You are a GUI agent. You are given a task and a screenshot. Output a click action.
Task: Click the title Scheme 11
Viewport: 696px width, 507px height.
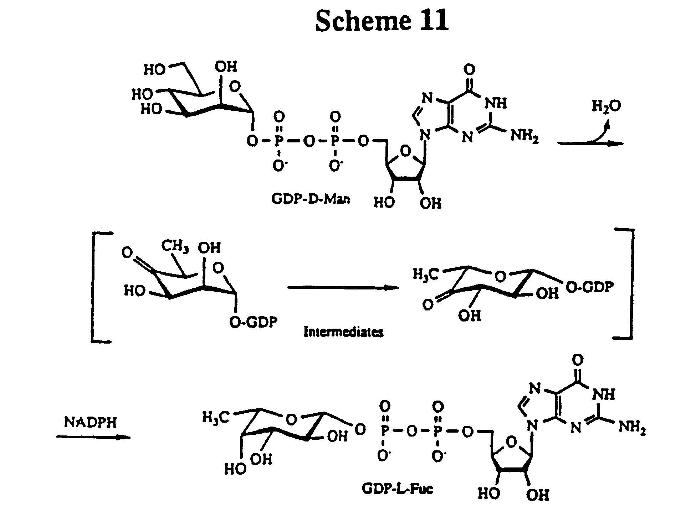pyautogui.click(x=382, y=21)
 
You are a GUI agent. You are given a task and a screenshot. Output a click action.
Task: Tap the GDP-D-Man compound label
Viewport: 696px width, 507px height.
pyautogui.click(x=310, y=198)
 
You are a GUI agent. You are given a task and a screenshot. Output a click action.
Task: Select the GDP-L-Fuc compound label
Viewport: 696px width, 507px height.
pyautogui.click(x=397, y=488)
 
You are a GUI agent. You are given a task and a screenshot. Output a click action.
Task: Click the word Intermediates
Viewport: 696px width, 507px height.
pyautogui.click(x=343, y=332)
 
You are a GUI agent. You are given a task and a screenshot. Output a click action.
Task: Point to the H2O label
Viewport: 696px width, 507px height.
pyautogui.click(x=607, y=106)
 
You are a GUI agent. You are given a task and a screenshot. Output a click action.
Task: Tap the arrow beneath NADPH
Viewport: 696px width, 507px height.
pyautogui.click(x=93, y=437)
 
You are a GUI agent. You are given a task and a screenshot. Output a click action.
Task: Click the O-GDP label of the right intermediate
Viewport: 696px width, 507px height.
pyautogui.click(x=590, y=287)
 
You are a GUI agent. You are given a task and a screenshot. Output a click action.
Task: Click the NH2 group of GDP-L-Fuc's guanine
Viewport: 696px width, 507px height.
pyautogui.click(x=632, y=427)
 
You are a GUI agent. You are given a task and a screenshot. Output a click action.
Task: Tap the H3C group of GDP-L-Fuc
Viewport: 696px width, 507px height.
pyautogui.click(x=216, y=417)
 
